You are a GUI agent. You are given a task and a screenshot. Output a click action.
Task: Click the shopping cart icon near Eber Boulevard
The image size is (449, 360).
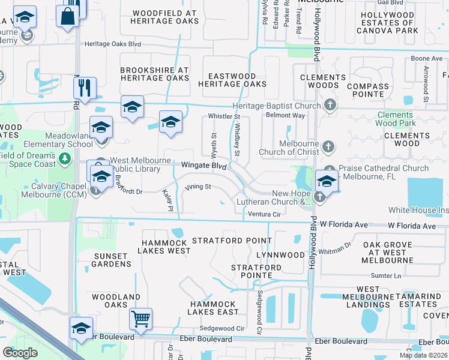coord(140,319)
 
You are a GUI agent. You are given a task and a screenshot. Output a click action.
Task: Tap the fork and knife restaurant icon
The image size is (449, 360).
coord(85,88)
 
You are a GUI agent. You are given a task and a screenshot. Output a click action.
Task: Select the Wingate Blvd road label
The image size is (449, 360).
coord(203,164)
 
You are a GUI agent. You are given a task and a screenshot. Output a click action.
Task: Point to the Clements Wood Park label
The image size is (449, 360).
coord(395,119)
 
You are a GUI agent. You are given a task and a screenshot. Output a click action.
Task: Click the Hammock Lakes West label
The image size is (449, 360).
coord(166,247)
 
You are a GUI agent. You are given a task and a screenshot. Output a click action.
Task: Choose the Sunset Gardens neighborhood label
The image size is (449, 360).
coord(112,260)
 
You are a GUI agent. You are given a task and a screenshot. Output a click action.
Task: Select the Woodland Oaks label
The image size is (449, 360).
coord(116,301)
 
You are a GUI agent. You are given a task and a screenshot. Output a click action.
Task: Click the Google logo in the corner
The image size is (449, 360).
coord(20,353)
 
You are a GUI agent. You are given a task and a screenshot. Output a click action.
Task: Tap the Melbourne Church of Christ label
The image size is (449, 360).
coord(291,148)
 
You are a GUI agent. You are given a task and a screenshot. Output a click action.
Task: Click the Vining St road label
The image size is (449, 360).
coord(198,187)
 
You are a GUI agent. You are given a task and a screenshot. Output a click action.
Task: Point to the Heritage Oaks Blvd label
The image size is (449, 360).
coord(112,44)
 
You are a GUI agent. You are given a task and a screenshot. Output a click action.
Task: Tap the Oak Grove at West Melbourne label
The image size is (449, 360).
coord(387,253)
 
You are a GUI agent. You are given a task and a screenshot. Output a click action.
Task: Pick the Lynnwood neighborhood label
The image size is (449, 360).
coord(280,255)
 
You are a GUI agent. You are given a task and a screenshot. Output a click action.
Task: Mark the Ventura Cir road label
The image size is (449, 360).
coord(265,214)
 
